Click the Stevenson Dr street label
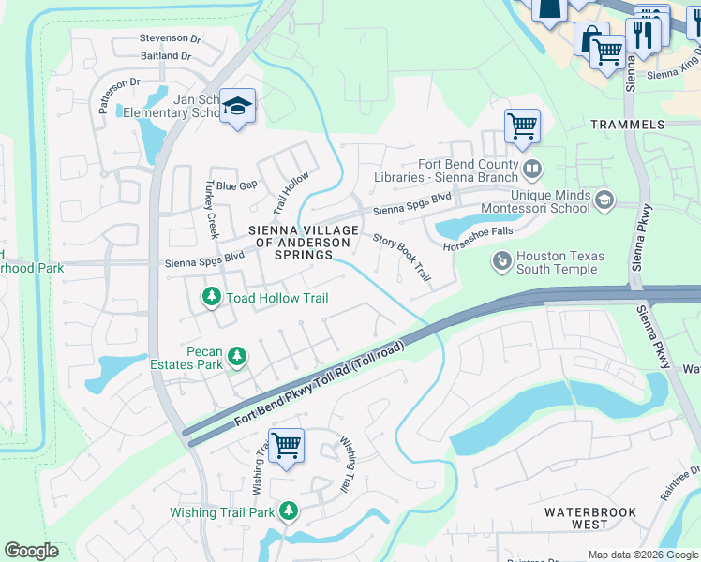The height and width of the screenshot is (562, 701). coord(170,38)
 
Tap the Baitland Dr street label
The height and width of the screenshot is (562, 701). coord(165,56)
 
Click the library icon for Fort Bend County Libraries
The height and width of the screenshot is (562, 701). coord(532,170)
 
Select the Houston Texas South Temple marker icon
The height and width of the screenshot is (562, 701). coord(502,259)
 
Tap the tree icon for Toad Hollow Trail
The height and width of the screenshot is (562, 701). coord(212,298)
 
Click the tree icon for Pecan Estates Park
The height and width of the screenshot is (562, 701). coord(238,356)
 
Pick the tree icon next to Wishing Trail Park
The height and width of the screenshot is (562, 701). coord(289,511)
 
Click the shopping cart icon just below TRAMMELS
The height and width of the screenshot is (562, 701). coord(522,126)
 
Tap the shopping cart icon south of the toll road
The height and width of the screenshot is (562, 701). coord(286,444)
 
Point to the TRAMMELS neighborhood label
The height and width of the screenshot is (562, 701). coord(627,124)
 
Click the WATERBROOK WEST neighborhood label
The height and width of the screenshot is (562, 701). coord(590,519)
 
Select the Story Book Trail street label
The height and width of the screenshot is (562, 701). coord(402,258)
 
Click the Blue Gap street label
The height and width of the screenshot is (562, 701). coord(236,185)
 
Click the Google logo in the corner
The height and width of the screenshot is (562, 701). coord(31,551)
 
